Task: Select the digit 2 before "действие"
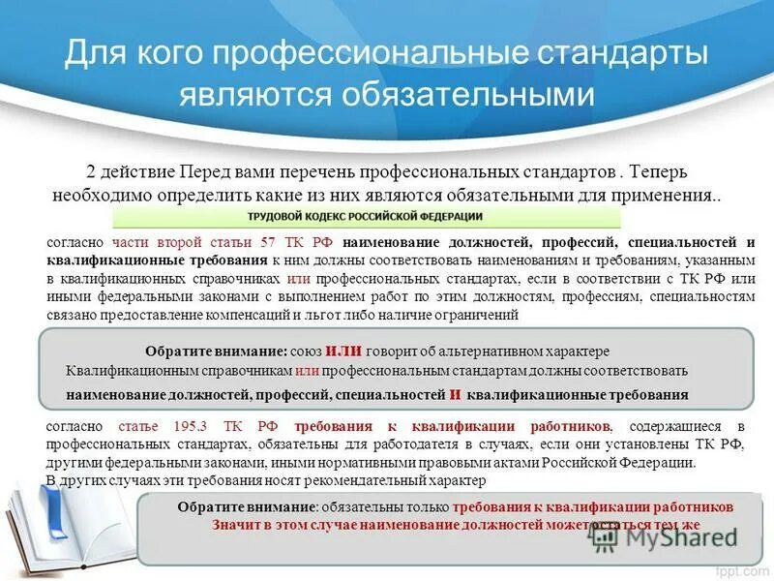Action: click(x=91, y=171)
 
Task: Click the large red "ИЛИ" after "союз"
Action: click(x=343, y=352)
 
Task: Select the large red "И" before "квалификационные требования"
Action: click(x=454, y=395)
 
